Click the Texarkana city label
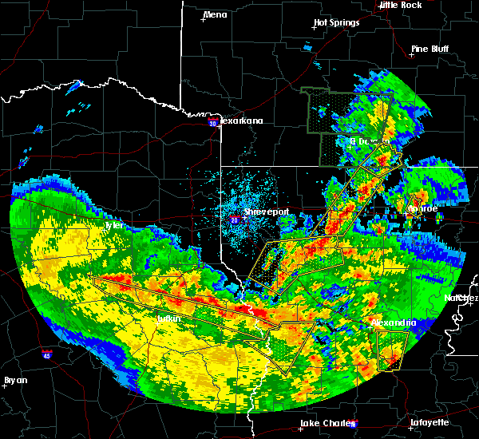(x=241, y=121)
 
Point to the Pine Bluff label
(x=430, y=49)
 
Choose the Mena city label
(x=215, y=14)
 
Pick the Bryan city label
(x=16, y=380)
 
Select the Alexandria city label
(x=394, y=322)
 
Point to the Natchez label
(x=461, y=298)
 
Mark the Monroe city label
(x=422, y=208)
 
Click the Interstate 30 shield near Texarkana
(x=212, y=123)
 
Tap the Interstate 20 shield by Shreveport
(x=235, y=219)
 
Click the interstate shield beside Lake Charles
(x=353, y=424)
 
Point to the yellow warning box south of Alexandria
(x=390, y=350)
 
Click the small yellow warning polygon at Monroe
(x=415, y=203)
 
